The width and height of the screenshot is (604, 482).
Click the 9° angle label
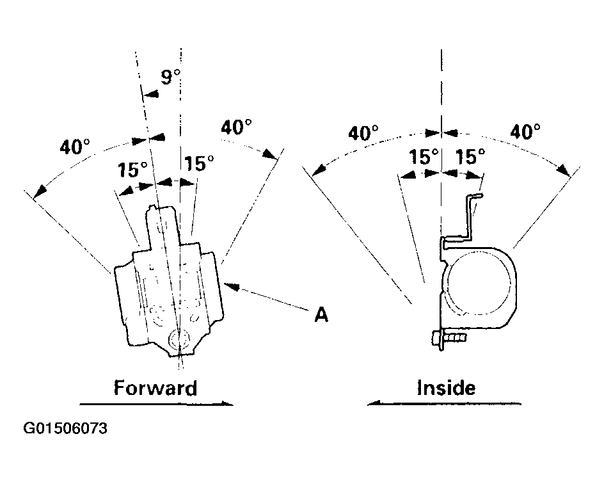point(170,77)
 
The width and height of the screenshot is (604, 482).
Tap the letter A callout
point(321,315)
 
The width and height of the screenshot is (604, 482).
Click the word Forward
point(155,388)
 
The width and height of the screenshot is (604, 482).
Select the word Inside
point(446,388)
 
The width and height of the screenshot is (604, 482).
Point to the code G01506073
point(65,428)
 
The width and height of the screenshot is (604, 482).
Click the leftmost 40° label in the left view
point(75,147)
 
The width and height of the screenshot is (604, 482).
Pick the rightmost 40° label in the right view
point(525,131)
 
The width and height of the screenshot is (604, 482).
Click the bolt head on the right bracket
point(438,340)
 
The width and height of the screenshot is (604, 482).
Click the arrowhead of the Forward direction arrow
point(227,403)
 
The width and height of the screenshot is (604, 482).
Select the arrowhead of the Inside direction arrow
point(374,403)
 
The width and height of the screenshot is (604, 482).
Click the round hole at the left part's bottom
point(179,339)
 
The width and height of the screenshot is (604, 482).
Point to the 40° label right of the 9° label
point(236,127)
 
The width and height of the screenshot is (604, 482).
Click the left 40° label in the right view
point(363,133)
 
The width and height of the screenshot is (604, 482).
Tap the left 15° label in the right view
point(424,156)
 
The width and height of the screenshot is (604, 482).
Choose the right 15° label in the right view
point(470,156)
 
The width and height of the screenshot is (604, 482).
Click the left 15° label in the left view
point(132,170)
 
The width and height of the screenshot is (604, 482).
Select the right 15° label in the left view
point(199,163)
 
